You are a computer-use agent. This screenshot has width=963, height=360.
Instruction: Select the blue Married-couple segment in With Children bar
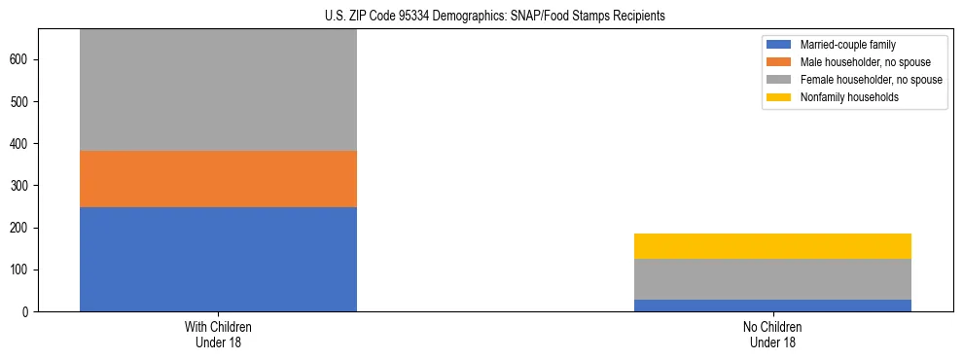point(218,259)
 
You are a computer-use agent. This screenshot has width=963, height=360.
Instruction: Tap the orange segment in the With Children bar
point(218,179)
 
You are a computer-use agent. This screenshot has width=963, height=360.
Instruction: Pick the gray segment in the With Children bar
point(218,90)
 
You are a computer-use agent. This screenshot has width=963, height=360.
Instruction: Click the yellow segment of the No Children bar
point(772,246)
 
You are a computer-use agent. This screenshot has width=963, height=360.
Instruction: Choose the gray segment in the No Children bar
point(772,279)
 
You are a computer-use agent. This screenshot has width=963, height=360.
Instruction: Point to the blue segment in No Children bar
point(772,306)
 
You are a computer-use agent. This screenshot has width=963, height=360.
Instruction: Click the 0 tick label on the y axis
point(28,312)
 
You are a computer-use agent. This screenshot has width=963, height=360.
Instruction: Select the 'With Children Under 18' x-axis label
point(218,335)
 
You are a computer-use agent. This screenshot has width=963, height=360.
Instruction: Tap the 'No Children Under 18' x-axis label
point(772,335)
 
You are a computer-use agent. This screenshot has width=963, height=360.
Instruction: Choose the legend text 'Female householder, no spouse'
point(871,80)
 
